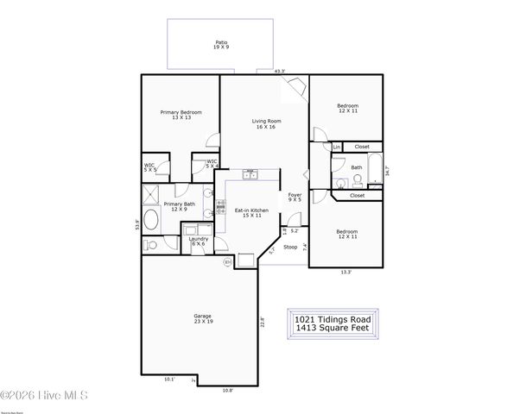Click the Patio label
(x=221, y=44)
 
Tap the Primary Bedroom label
(x=181, y=115)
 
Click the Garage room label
(x=202, y=318)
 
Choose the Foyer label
(x=295, y=197)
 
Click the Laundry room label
(x=199, y=241)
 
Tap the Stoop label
(x=290, y=247)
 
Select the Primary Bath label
(x=180, y=206)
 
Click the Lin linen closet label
(x=337, y=147)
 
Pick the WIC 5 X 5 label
(x=149, y=166)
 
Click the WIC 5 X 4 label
(x=212, y=163)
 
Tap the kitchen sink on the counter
(x=250, y=174)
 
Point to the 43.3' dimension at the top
(x=280, y=72)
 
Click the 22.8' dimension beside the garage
(x=263, y=323)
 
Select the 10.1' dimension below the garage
(x=169, y=379)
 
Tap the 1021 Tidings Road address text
(x=333, y=317)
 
